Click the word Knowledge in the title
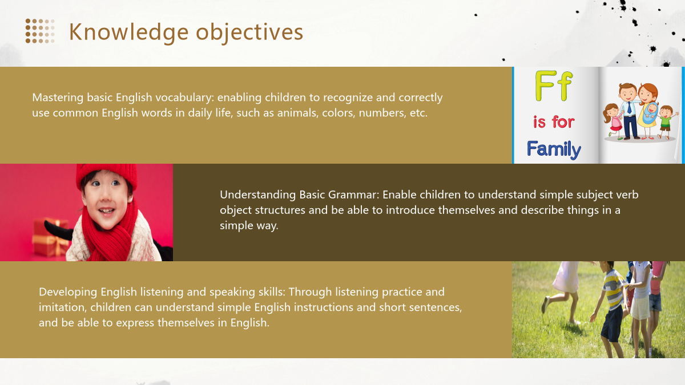tap(129, 32)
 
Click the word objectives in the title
tap(249, 32)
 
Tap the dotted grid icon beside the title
tap(40, 31)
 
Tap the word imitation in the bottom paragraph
tap(62, 307)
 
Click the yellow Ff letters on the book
tap(554, 86)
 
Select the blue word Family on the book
tap(554, 149)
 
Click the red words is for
tap(554, 122)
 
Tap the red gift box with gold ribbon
tap(50, 237)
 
